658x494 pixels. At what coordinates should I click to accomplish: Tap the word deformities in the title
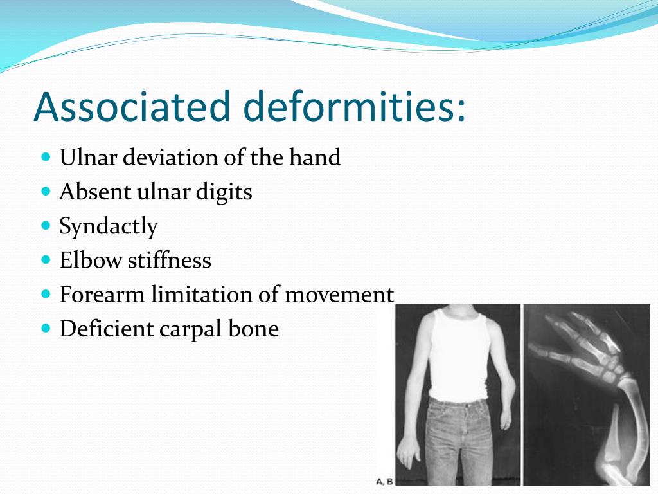click(x=352, y=106)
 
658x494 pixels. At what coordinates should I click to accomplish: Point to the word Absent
click(x=94, y=192)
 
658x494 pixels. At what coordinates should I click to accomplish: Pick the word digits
click(x=226, y=192)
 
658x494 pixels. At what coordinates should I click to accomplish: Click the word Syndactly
click(x=108, y=226)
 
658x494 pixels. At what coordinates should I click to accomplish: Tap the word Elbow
click(x=91, y=261)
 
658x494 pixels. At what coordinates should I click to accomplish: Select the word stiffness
click(x=169, y=261)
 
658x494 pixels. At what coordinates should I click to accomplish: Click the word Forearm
click(x=102, y=295)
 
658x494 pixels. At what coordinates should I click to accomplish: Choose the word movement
click(x=339, y=295)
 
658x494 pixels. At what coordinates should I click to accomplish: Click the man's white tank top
click(x=458, y=360)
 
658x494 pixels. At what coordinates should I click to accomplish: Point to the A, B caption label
click(x=385, y=480)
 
